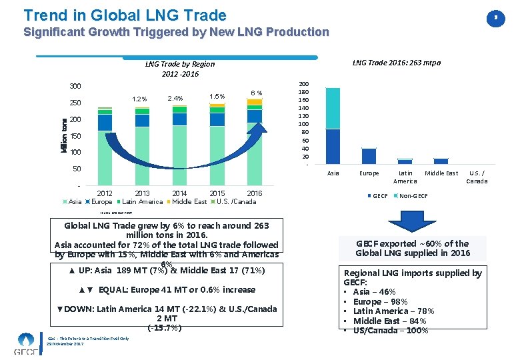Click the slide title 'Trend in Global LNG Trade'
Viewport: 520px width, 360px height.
[x=125, y=15]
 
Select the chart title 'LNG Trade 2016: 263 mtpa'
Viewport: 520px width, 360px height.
[x=396, y=63]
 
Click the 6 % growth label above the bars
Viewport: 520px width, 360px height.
[x=256, y=93]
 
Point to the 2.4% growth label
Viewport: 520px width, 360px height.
[x=176, y=98]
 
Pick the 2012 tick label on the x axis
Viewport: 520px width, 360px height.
[x=105, y=193]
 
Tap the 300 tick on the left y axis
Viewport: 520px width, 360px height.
[x=75, y=87]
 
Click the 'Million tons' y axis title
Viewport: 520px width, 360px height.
[x=63, y=135]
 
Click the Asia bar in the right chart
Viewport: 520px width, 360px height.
[x=333, y=127]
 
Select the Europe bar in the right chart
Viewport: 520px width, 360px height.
[x=369, y=155]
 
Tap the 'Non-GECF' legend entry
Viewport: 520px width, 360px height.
[x=413, y=196]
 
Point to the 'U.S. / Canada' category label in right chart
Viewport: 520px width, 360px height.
[x=477, y=177]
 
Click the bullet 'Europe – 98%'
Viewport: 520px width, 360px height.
[x=381, y=301]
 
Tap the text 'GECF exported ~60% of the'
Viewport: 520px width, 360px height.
[x=414, y=243]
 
